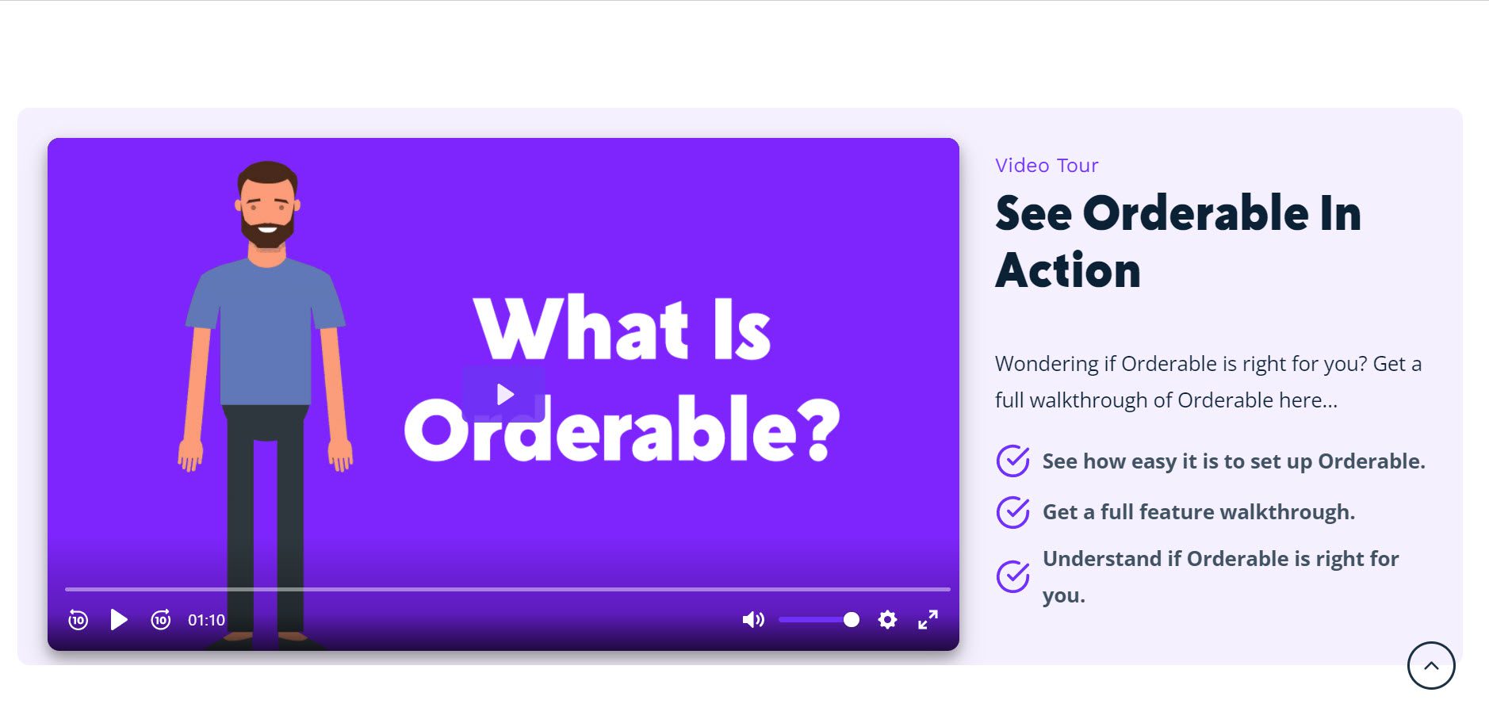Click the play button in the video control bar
[x=119, y=619]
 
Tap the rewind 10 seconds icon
[x=78, y=619]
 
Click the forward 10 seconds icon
[x=161, y=619]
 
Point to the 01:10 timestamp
[x=206, y=620]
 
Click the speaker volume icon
[x=753, y=619]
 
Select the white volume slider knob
[x=851, y=619]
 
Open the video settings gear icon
[x=887, y=619]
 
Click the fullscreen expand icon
[x=928, y=619]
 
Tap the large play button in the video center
[x=503, y=394]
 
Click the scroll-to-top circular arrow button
[x=1431, y=665]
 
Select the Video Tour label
[x=1047, y=165]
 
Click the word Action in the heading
[x=1068, y=270]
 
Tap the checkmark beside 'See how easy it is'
[x=1013, y=461]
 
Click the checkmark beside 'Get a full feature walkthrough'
[x=1013, y=511]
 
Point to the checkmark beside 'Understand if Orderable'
[x=1013, y=576]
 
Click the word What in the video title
[x=581, y=327]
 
